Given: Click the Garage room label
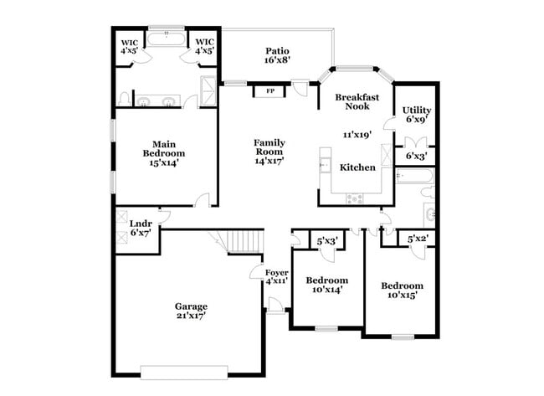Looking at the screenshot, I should point(191,306).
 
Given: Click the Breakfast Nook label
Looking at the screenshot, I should point(357,103).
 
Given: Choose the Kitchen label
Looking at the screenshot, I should point(357,167).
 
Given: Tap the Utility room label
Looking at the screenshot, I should point(415,111).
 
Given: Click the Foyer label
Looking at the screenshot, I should point(277,274).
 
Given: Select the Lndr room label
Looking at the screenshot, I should point(141,223).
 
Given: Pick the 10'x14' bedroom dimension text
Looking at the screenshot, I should point(326,290).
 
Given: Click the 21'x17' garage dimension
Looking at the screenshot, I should point(191,316).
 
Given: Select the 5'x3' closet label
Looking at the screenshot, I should point(326,241).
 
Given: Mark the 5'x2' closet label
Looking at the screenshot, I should point(417,239).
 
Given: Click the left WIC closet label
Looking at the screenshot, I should point(130,42).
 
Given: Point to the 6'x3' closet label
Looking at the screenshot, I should point(416,156).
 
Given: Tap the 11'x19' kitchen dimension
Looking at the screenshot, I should point(357,134).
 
